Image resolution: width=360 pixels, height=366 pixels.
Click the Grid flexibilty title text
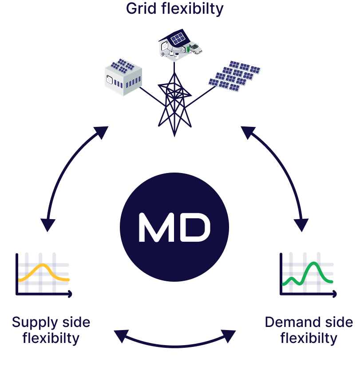pos(175,8)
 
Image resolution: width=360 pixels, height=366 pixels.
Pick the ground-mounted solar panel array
pos(234,75)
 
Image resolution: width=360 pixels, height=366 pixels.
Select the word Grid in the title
pos(141,8)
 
